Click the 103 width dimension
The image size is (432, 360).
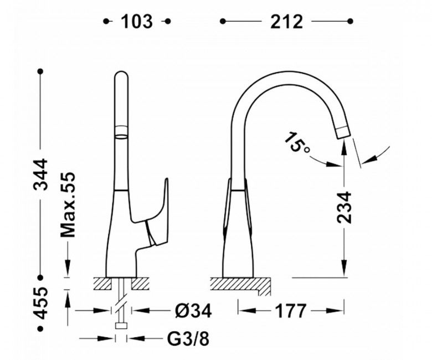[x=137, y=22]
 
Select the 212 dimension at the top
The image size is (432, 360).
[x=286, y=22]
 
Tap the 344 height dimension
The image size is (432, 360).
[x=40, y=174]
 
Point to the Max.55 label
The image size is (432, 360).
[x=68, y=205]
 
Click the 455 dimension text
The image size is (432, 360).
[x=40, y=303]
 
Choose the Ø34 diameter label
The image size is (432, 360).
[x=193, y=311]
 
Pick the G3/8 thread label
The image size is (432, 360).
[x=188, y=339]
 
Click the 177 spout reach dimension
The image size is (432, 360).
[x=291, y=311]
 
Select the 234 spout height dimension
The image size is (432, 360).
[x=344, y=207]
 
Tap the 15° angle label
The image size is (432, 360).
[x=296, y=143]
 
